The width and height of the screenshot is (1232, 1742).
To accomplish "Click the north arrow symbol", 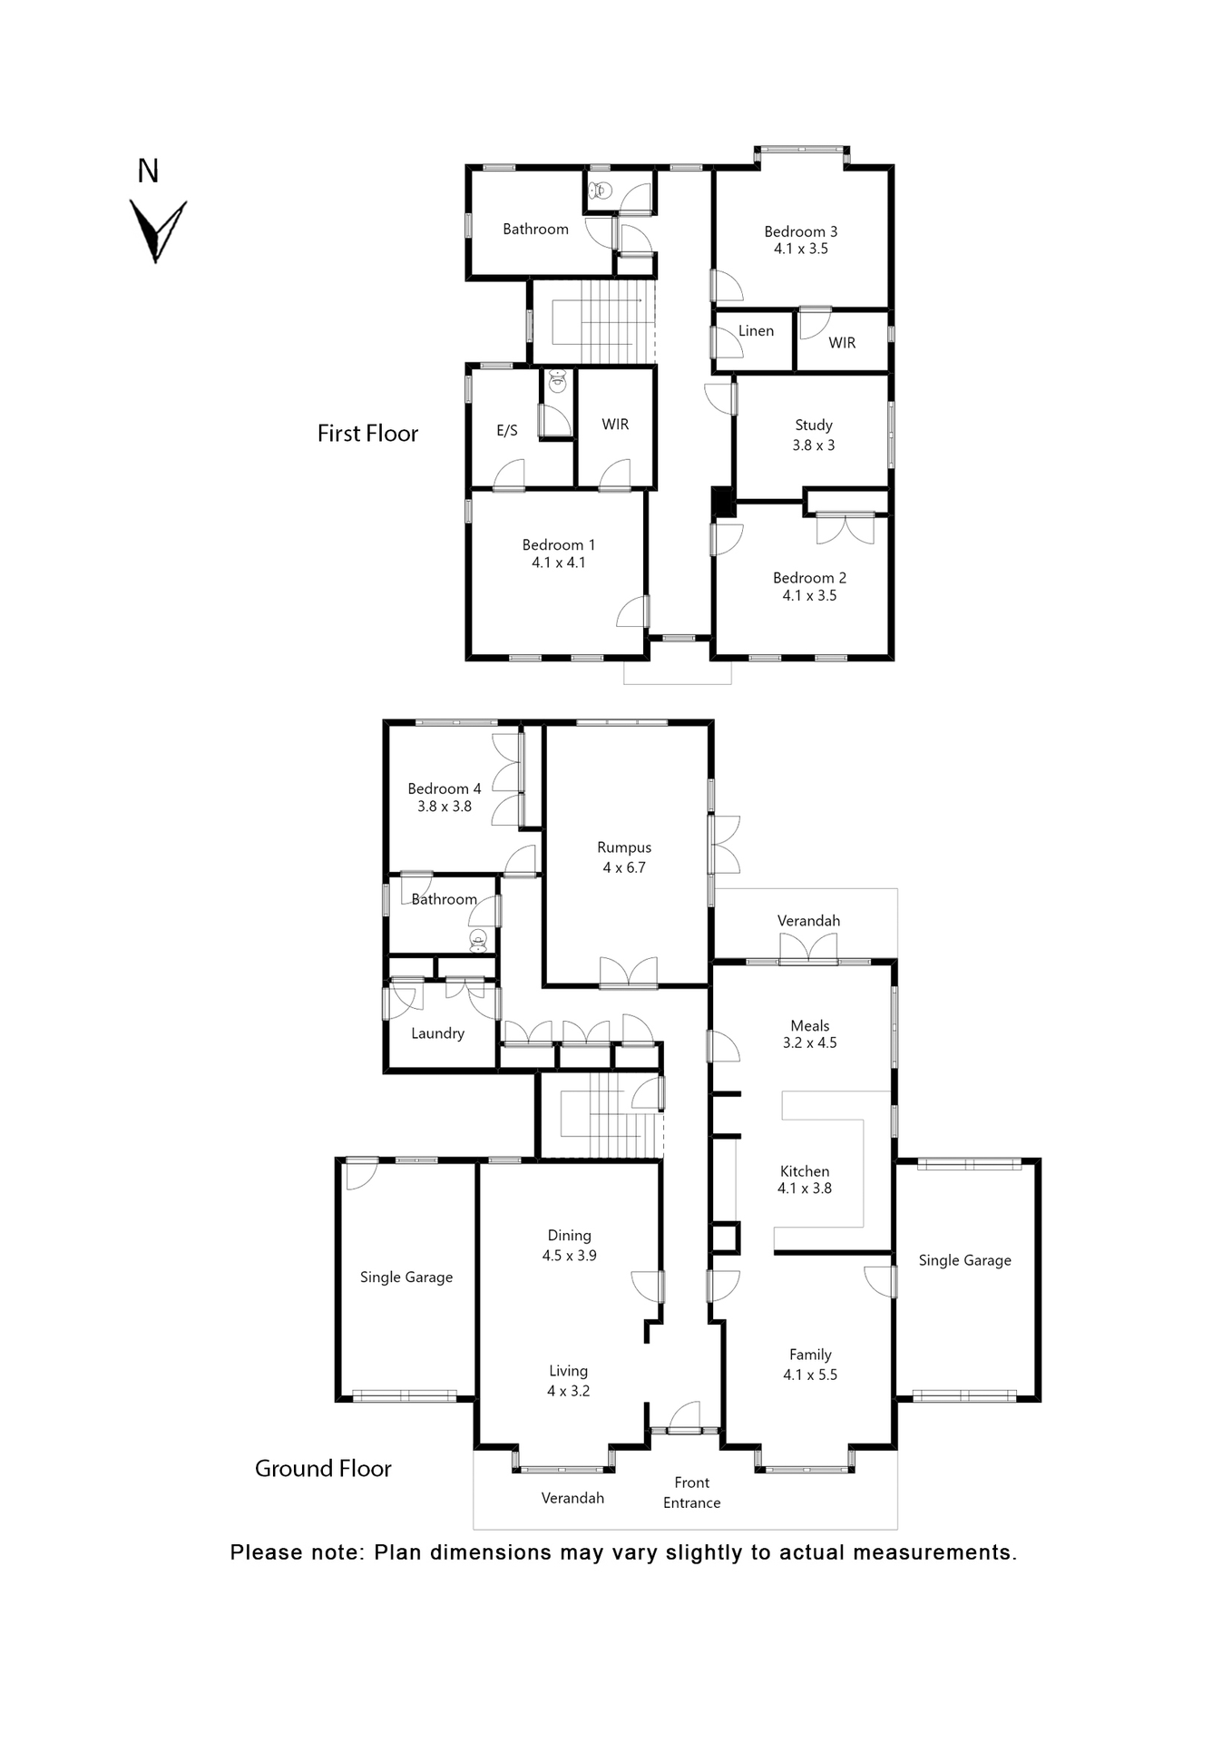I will [x=157, y=230].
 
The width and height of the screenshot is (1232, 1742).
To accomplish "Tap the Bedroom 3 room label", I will [x=800, y=231].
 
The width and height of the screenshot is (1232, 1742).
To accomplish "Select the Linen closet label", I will [x=756, y=331].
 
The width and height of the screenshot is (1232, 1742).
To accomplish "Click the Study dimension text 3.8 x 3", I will [x=813, y=445].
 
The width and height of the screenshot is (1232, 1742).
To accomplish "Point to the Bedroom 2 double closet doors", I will [x=845, y=529].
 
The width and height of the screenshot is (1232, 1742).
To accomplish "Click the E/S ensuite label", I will [x=507, y=431].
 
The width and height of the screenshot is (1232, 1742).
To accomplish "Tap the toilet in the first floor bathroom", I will [x=600, y=191].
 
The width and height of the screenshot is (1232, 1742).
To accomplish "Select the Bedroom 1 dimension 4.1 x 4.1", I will [x=558, y=563].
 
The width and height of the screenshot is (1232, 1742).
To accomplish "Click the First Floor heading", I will [x=367, y=434].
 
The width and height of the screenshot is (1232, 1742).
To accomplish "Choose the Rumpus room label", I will [x=624, y=847].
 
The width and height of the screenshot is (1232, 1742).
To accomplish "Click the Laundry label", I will [x=437, y=1033].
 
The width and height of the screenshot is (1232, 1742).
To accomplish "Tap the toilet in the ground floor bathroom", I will [x=478, y=940].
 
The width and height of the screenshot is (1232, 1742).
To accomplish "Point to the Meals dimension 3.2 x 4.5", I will [x=809, y=1043].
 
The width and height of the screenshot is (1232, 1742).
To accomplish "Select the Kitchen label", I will [x=805, y=1171].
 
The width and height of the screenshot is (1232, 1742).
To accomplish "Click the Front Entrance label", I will [x=691, y=1492].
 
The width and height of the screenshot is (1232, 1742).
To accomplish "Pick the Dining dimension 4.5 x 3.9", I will [x=569, y=1256].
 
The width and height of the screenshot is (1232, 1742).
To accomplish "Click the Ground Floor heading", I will [x=323, y=1469].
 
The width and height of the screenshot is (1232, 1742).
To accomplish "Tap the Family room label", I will [x=810, y=1355].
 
